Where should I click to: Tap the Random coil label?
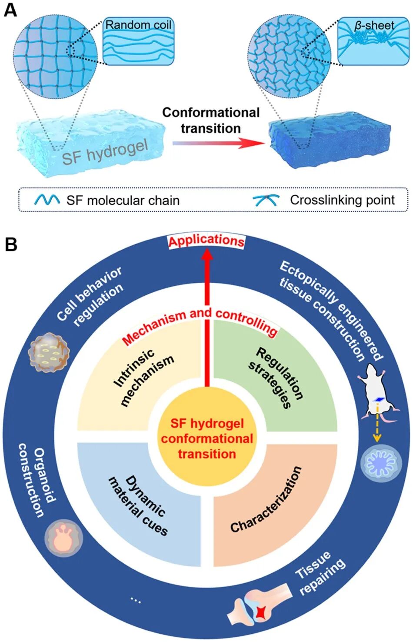pyautogui.click(x=138, y=25)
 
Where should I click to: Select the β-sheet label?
pyautogui.click(x=374, y=26)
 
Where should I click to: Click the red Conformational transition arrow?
pyautogui.click(x=218, y=143)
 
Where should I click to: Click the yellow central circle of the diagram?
pyautogui.click(x=207, y=439)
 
